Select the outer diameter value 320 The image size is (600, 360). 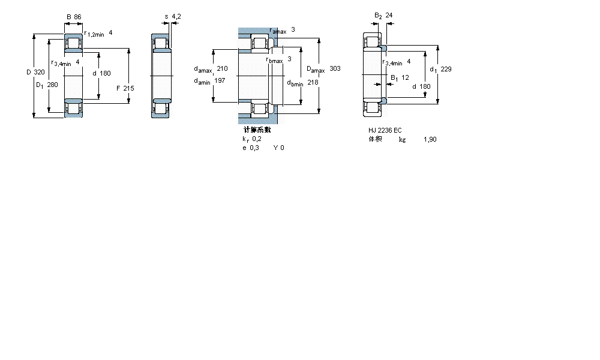[39, 72]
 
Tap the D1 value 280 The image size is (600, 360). [52, 85]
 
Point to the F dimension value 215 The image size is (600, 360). [128, 88]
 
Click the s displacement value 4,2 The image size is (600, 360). [176, 16]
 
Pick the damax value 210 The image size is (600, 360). [222, 68]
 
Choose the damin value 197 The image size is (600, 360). [220, 81]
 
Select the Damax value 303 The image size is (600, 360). [335, 69]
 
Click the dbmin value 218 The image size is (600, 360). [313, 82]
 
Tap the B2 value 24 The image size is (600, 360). [389, 15]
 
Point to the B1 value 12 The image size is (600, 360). [405, 77]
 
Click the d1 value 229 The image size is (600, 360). [446, 69]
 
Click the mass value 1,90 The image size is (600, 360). [430, 139]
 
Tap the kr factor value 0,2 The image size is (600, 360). [256, 139]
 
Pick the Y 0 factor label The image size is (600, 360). [278, 148]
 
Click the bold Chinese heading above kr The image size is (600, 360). [257, 130]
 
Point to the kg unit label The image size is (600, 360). [402, 139]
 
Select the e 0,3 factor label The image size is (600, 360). [250, 148]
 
